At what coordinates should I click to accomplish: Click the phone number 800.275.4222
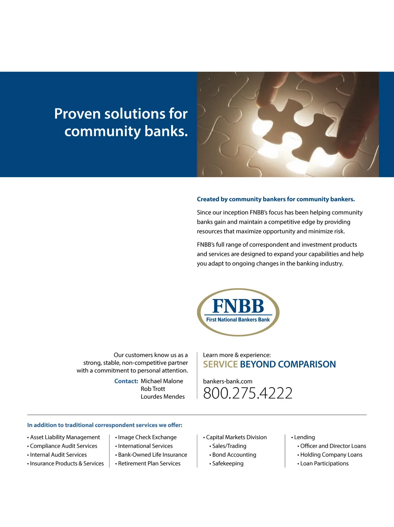(248, 393)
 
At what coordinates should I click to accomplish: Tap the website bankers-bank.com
(228, 381)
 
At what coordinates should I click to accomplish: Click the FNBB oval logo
(238, 312)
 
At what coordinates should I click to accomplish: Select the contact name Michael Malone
(162, 381)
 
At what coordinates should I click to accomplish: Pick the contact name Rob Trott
(153, 389)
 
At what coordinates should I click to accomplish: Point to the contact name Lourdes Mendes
(163, 397)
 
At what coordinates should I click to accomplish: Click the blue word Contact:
(126, 381)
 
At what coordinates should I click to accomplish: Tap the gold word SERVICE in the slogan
(220, 364)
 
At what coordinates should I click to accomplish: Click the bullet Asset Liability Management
(65, 437)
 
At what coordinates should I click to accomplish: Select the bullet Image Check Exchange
(147, 437)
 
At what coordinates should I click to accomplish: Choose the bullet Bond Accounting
(234, 455)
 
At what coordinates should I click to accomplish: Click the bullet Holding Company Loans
(331, 455)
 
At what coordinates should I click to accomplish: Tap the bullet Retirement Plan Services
(149, 463)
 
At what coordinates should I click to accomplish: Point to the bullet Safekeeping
(228, 463)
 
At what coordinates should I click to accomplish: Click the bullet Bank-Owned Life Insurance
(152, 455)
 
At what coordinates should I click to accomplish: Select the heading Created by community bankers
(276, 199)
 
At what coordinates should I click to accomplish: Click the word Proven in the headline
(77, 114)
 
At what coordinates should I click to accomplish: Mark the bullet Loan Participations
(324, 463)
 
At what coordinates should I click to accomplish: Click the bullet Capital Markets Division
(236, 437)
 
